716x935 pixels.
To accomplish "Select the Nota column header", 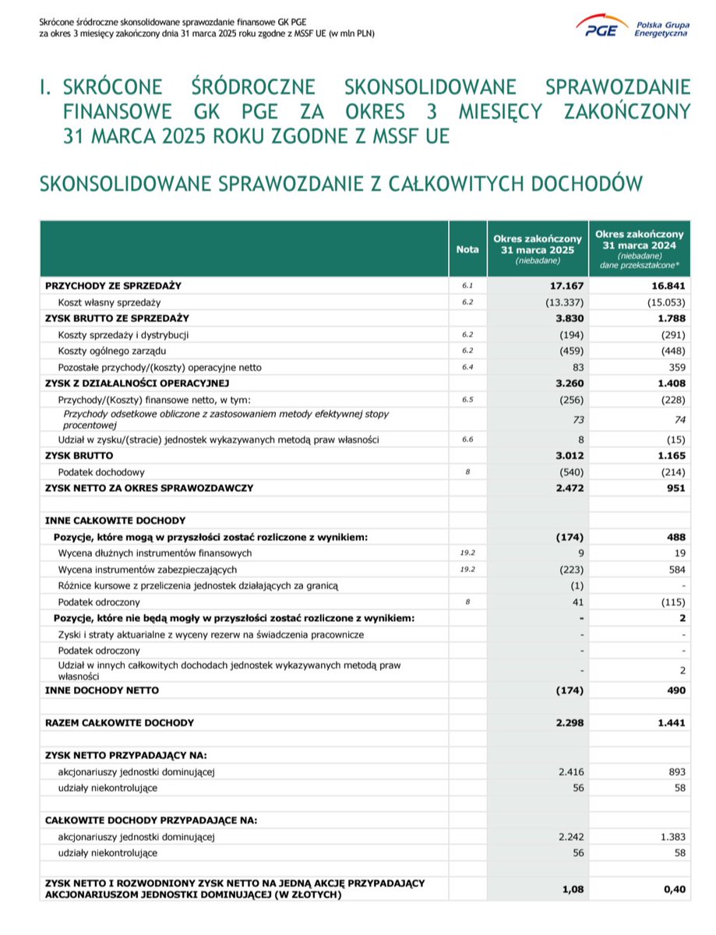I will click(467, 249).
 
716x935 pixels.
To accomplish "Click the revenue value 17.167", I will click(568, 286).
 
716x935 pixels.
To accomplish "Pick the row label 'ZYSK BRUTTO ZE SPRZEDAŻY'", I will click(117, 318).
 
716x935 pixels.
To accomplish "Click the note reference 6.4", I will click(467, 367).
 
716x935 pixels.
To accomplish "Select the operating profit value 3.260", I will click(568, 383).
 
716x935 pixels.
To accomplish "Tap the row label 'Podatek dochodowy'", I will click(101, 472).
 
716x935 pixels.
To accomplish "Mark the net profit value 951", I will click(675, 488).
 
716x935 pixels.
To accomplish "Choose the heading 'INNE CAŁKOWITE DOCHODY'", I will click(115, 520).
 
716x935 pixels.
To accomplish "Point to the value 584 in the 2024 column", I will click(675, 569).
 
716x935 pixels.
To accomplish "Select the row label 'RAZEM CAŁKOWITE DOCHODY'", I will click(119, 722).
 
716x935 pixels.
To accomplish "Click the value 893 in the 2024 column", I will click(675, 771).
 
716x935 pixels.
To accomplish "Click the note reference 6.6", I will click(467, 439).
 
